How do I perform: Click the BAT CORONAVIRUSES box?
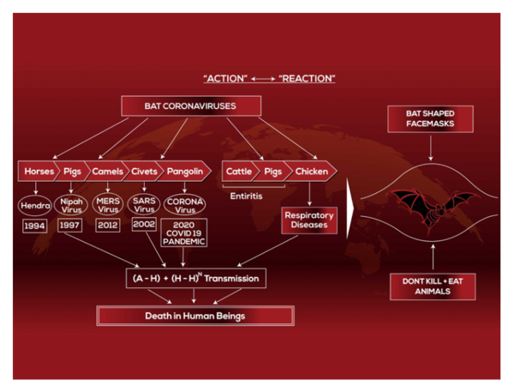(191, 106)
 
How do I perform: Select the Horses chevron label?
(39, 172)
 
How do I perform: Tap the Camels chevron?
(107, 172)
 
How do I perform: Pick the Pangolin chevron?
(184, 172)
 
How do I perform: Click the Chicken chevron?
(312, 172)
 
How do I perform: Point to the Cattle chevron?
(239, 172)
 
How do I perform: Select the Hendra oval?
(35, 206)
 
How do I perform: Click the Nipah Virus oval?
(71, 205)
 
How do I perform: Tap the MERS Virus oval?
(108, 204)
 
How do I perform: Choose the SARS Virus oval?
(144, 204)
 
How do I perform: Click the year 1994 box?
(35, 226)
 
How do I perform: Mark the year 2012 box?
(108, 225)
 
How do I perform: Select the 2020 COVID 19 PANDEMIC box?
(184, 233)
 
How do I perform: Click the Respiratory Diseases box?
(309, 220)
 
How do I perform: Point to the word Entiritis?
(246, 196)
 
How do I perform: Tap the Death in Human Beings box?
(195, 316)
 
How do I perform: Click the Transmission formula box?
(196, 278)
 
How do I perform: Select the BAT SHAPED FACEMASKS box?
(430, 119)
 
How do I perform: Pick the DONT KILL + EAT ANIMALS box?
(433, 286)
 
